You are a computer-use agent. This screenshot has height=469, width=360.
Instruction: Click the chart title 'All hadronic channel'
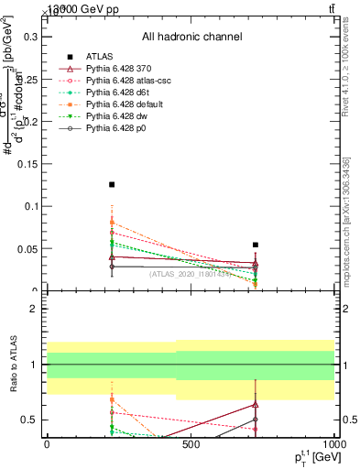pos(191,37)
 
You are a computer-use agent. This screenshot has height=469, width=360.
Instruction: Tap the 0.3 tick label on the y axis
pos(33,38)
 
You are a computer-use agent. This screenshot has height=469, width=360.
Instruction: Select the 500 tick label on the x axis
pos(191,444)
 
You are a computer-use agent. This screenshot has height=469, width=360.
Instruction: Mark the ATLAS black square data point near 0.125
pos(112,185)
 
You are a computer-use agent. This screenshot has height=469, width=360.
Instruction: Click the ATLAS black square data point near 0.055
pos(256,245)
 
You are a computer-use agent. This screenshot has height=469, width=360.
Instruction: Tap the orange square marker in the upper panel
pos(112,223)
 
